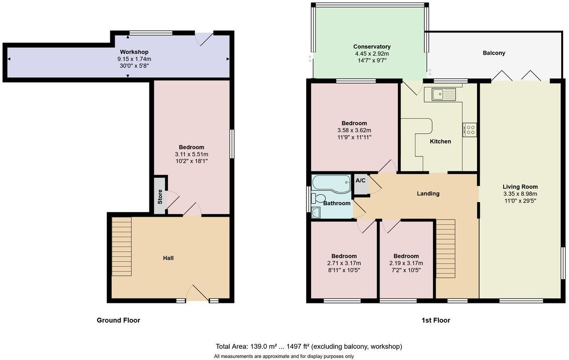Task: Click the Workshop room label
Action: pyautogui.click(x=134, y=52)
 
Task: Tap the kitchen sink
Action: pyautogui.click(x=443, y=94)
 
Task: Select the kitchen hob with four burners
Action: pyautogui.click(x=470, y=129)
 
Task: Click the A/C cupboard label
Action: pyautogui.click(x=360, y=180)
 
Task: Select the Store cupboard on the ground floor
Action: pyautogui.click(x=160, y=196)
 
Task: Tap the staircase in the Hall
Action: pyautogui.click(x=121, y=246)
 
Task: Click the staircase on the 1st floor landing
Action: pyautogui.click(x=446, y=248)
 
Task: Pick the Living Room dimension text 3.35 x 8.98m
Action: pyautogui.click(x=520, y=194)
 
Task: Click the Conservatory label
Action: pyautogui.click(x=372, y=47)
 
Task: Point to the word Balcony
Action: pyautogui.click(x=494, y=53)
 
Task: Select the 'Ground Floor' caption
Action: pyautogui.click(x=119, y=320)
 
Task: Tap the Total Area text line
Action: pyautogui.click(x=309, y=346)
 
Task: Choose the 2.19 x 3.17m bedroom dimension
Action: pyautogui.click(x=406, y=263)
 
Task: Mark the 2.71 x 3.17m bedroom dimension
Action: pyautogui.click(x=344, y=263)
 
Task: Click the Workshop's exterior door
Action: pyautogui.click(x=204, y=39)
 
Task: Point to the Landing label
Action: pyautogui.click(x=428, y=194)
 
